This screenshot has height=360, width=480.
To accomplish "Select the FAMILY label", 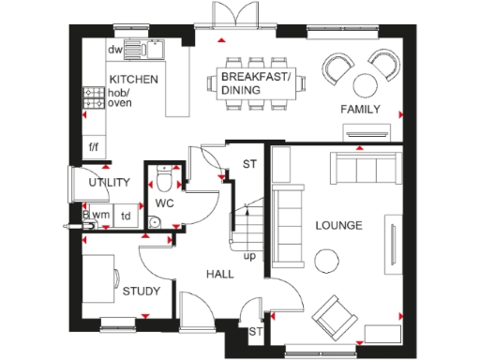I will [x=360, y=110].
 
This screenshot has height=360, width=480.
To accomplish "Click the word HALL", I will [x=219, y=273].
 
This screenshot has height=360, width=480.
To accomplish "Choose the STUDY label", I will [x=141, y=292].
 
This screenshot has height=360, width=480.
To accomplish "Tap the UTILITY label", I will [x=109, y=183].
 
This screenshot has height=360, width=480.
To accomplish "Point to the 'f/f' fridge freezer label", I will [x=94, y=147].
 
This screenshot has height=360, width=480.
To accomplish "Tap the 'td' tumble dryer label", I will [x=126, y=216].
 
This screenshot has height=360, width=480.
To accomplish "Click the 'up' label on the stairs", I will [x=249, y=255].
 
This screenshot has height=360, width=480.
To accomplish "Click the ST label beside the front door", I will [x=254, y=332].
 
